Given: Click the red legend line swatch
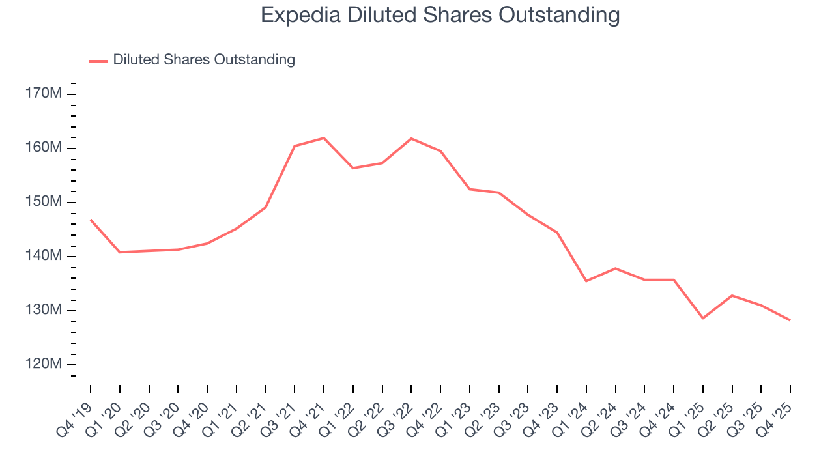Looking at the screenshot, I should (x=98, y=61).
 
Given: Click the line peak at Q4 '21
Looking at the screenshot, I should (x=324, y=138).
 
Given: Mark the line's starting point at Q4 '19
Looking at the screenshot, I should (x=91, y=220).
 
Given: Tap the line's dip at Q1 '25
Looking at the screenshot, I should (x=703, y=318).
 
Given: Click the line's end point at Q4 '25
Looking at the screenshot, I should (x=790, y=320).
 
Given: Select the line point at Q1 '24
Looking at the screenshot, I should (x=586, y=281).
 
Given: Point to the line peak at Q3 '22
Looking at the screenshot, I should (x=411, y=138).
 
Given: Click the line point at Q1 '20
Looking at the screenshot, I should (x=120, y=252).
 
